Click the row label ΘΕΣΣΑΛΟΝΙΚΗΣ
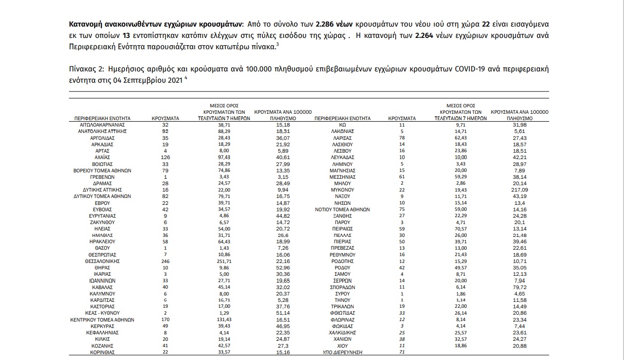coord(102,261)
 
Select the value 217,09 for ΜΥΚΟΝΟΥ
coord(519,190)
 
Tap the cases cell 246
coord(165,261)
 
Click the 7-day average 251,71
coord(221,261)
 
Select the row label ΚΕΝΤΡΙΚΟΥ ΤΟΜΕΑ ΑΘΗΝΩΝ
coord(102,320)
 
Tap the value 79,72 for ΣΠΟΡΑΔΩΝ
coord(519,287)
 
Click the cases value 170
coord(165,320)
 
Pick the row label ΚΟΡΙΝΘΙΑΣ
coord(102,353)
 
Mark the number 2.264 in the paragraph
coord(425,36)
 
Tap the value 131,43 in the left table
coord(221,320)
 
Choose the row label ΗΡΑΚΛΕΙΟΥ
coord(102,242)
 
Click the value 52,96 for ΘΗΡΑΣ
coord(283,267)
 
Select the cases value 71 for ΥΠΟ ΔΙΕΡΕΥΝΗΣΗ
coord(402,353)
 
